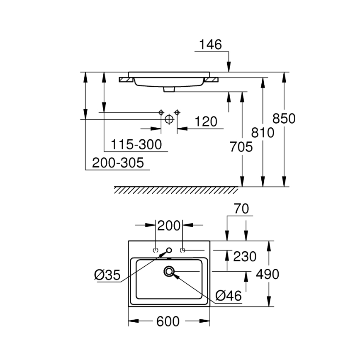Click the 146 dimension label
pos(211,44)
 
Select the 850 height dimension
pos(284,119)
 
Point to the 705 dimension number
pos(241,147)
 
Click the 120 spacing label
pos(206,122)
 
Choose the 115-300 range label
pos(136,145)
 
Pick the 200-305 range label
pos(118,163)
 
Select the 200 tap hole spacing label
pos(169,226)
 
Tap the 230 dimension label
pos(245,257)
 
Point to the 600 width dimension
pos(168,321)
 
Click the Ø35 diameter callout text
pos(107,275)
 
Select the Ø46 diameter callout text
pos(229,296)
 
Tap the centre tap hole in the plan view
pos(169,250)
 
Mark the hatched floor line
pos(176,190)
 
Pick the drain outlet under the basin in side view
pos(169,89)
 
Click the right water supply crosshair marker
pos(177,112)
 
